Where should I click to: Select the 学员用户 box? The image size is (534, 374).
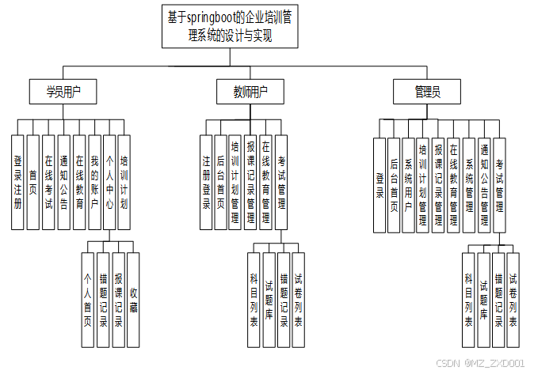pos(63,93)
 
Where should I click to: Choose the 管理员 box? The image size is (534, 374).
pos(427,93)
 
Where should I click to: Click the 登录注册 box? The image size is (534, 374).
pos(17,182)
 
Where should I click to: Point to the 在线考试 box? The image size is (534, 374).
pos(48,182)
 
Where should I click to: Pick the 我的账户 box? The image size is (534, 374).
pos(93,182)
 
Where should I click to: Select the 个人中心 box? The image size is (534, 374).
pos(109,182)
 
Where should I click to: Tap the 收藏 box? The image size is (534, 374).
pos(133,300)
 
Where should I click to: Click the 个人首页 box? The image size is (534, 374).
pos(87,300)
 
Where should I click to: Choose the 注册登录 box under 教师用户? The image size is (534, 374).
pos(207,182)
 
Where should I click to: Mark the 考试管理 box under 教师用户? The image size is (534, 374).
pos(281,182)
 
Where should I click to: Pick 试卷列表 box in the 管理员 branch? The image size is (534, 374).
pos(513,300)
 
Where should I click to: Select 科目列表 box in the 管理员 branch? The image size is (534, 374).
pos(469,300)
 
